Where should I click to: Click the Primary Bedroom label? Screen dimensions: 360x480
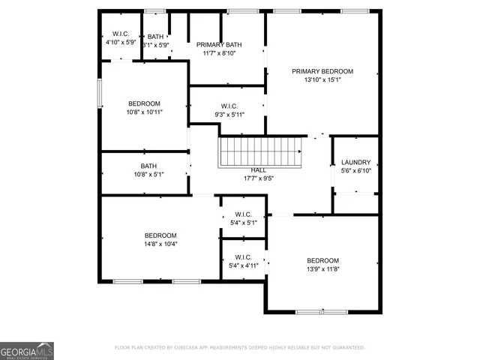322,71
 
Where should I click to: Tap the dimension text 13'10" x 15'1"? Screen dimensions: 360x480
322,79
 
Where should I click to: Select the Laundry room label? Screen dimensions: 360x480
355,162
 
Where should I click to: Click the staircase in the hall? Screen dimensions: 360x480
260,152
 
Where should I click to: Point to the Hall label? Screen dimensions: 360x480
259,170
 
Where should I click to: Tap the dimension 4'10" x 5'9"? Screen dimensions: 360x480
120,43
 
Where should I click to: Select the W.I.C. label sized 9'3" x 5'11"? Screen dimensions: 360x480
229,106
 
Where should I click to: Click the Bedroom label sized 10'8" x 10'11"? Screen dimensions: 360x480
144,103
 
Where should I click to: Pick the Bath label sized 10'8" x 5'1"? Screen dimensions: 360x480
148,166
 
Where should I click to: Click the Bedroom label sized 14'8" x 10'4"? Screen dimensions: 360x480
160,235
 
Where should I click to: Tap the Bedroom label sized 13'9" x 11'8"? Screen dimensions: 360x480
323,260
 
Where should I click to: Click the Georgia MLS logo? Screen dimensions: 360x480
27,351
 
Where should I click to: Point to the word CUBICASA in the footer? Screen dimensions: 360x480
191,348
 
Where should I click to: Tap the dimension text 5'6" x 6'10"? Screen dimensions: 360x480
355,170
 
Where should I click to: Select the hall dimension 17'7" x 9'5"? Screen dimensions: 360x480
259,178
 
